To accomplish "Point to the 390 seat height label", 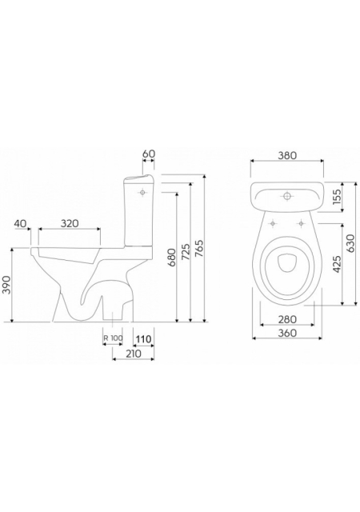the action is click(7, 285).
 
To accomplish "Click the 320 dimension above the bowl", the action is click(70, 223).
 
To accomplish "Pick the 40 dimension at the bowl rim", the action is click(20, 223).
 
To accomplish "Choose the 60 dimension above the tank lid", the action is click(149, 154).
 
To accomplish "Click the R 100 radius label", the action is click(113, 338).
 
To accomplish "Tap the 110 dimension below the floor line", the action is click(144, 339).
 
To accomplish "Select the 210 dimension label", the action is click(132, 354).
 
